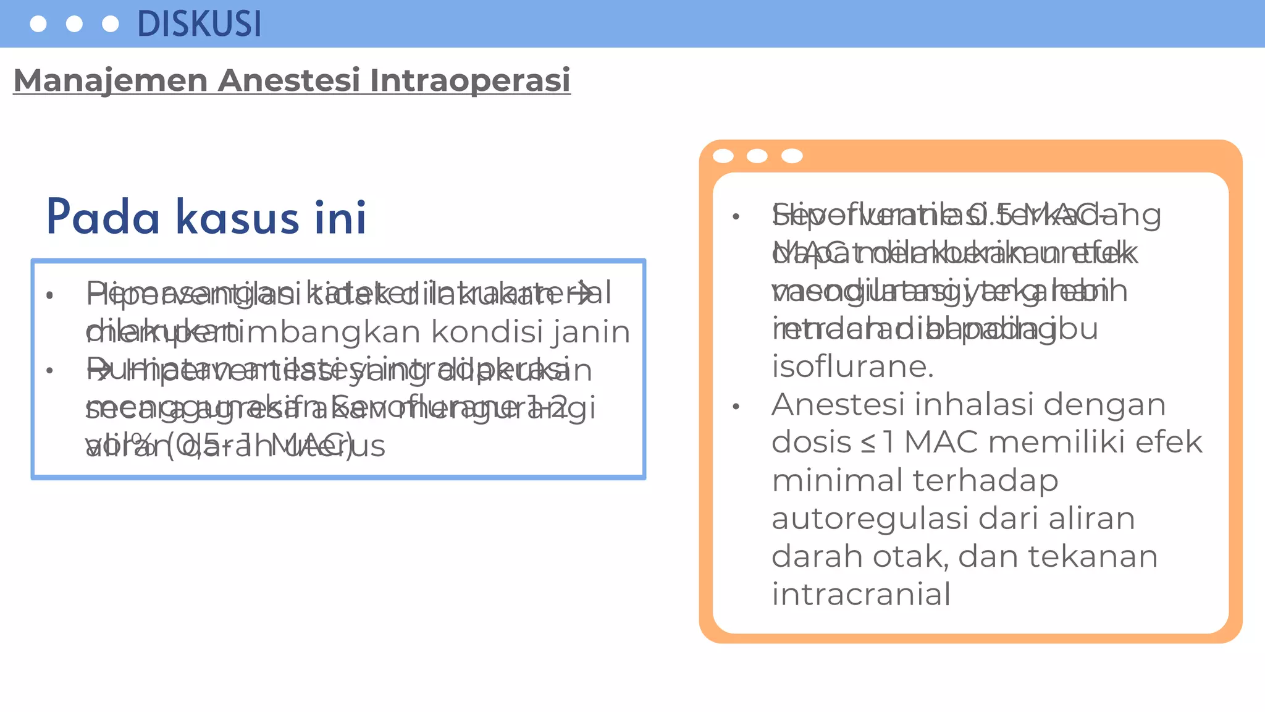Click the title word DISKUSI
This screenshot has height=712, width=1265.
point(199,24)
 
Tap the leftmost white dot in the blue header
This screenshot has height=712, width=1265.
point(38,24)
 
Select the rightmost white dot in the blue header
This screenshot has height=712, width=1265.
point(110,24)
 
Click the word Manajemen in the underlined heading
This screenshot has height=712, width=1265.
point(110,80)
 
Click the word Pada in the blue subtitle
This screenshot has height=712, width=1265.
point(103,218)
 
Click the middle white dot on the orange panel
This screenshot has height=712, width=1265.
point(757,156)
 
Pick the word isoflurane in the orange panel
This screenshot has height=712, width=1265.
point(852,367)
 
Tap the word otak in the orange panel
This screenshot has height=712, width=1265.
point(910,556)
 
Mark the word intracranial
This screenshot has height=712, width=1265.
point(861,594)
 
